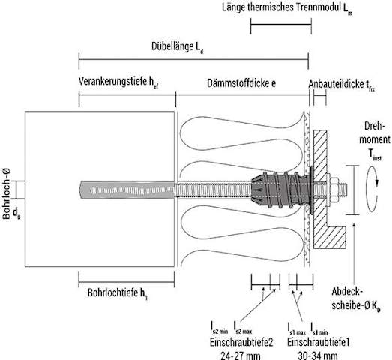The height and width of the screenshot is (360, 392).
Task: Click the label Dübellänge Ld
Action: pyautogui.click(x=178, y=47)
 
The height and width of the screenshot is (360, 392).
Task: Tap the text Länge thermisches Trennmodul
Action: pyautogui.click(x=282, y=7)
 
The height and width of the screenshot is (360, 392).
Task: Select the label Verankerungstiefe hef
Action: pyautogui.click(x=118, y=82)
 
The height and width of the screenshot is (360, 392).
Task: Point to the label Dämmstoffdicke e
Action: pyautogui.click(x=241, y=83)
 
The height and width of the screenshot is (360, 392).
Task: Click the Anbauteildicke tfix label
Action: pyautogui.click(x=342, y=85)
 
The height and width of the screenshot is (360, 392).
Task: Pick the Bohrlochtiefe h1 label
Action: pyautogui.click(x=118, y=293)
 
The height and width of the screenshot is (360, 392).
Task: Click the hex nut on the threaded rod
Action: pyautogui.click(x=334, y=190)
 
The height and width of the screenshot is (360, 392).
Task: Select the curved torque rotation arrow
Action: pyautogui.click(x=372, y=190)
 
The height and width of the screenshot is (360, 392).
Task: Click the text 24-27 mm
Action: pyautogui.click(x=241, y=355)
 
